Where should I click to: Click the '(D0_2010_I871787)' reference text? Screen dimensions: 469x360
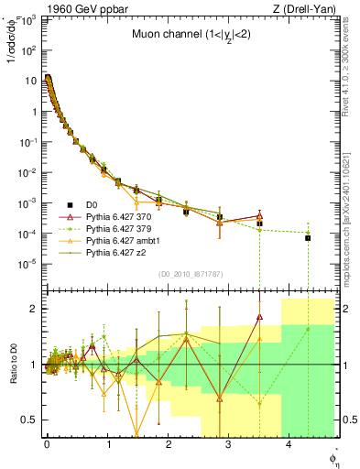tap(194, 273)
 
